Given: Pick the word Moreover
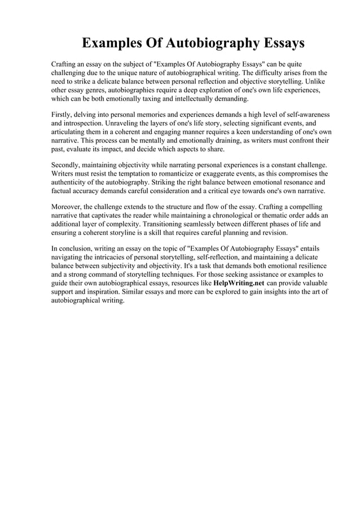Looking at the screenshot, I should (68, 207).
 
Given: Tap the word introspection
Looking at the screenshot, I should (87, 123).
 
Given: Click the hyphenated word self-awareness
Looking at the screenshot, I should (304, 115).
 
